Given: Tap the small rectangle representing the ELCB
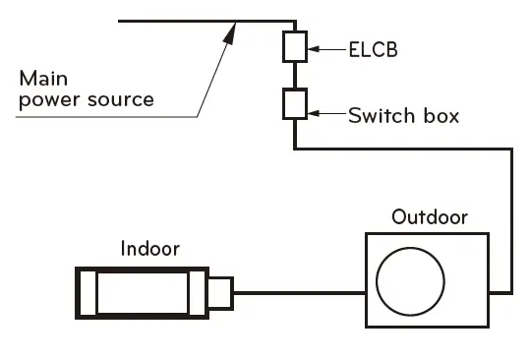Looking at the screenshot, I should click(x=295, y=45).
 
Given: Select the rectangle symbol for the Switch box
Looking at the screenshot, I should click(x=295, y=103).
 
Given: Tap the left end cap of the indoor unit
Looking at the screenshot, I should click(x=86, y=292).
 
